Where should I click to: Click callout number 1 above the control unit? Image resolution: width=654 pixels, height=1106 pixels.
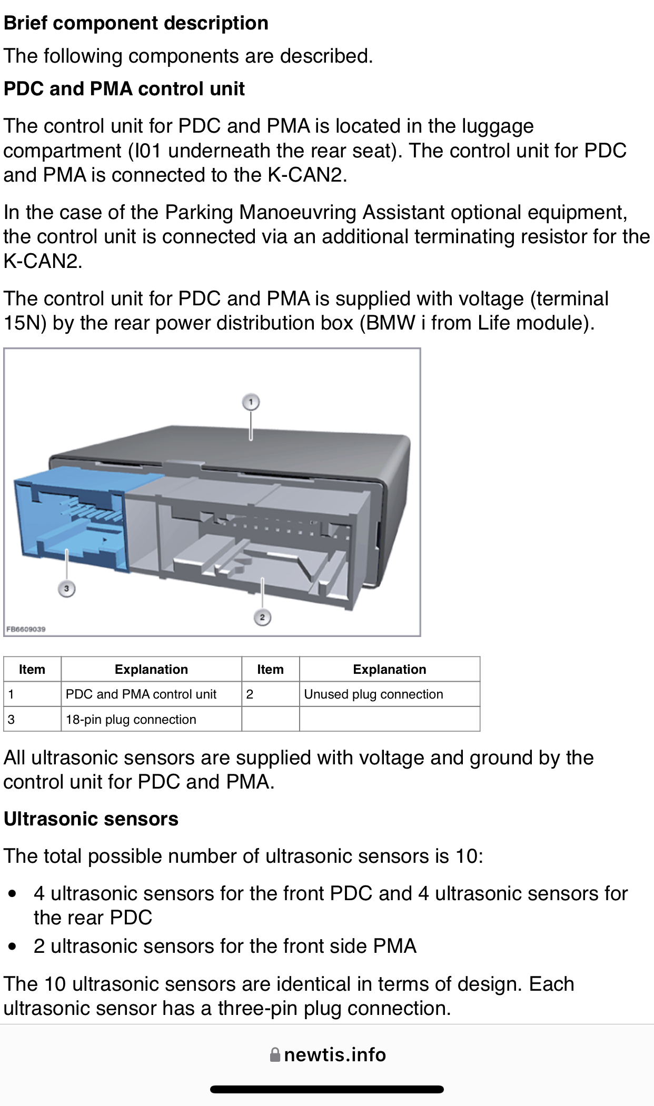251,402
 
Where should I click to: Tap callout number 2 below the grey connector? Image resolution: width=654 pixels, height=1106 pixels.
262,617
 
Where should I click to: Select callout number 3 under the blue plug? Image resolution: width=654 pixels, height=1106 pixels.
66,589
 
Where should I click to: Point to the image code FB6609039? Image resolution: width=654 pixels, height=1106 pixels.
26,629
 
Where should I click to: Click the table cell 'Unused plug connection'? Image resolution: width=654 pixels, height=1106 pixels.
373,694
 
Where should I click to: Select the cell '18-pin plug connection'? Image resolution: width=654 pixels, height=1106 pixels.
131,720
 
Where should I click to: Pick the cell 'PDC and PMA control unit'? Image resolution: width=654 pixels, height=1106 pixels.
141,694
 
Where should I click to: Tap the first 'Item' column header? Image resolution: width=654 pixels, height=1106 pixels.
32,670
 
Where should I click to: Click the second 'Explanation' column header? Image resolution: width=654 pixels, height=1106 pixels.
389,670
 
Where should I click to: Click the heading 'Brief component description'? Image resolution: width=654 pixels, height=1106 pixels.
136,23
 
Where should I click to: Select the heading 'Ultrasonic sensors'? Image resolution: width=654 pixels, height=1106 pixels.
91,819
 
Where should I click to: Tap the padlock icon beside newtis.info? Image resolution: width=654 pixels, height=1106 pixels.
275,1055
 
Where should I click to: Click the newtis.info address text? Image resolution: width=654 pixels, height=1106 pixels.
335,1055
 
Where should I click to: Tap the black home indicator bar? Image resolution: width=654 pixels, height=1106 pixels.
326,1089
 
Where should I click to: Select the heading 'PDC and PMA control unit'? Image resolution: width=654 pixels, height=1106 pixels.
124,89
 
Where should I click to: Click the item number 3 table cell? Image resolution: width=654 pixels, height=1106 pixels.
12,720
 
